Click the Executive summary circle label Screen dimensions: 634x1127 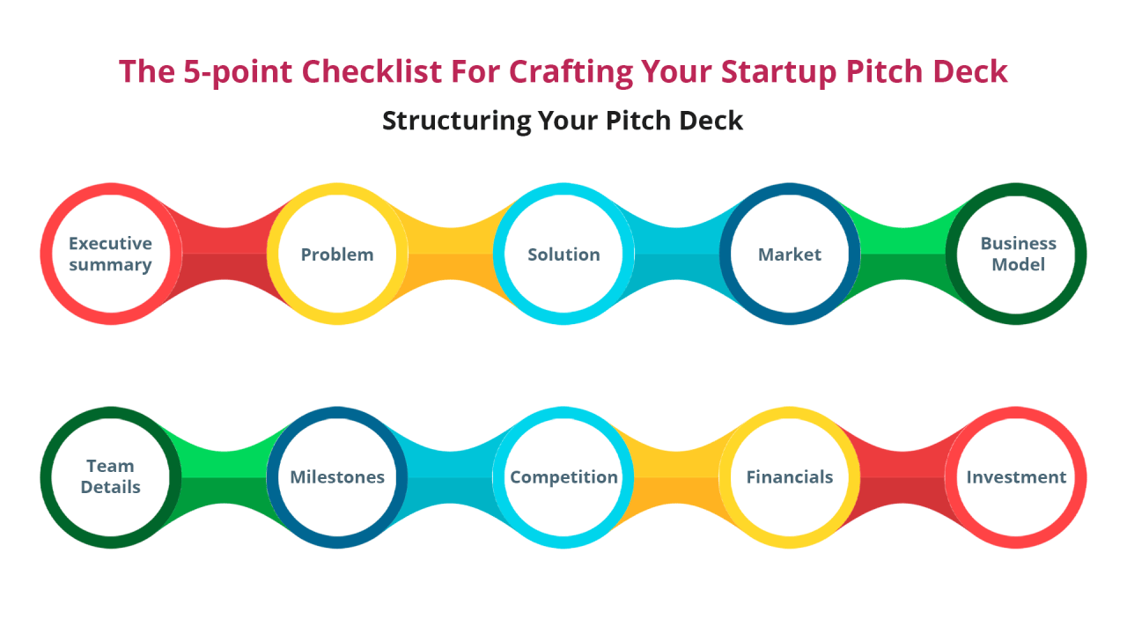[111, 254]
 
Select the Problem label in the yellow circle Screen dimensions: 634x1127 [337, 254]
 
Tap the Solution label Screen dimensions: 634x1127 [563, 254]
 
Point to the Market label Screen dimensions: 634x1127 [790, 254]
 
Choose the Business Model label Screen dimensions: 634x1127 [1018, 254]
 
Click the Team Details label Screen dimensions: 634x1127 [111, 476]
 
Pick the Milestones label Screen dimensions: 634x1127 [337, 477]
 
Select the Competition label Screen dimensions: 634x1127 [563, 477]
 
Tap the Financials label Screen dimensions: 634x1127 [790, 477]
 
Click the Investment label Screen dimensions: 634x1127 [1016, 477]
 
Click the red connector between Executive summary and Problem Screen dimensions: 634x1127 [225, 254]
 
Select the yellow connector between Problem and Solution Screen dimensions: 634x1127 [451, 254]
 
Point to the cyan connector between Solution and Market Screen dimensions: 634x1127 [677, 254]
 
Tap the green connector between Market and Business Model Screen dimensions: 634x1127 [903, 254]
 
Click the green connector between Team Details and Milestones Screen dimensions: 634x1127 [225, 477]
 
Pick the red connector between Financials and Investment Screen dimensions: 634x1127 [903, 477]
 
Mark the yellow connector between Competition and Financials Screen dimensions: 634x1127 [677, 477]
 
